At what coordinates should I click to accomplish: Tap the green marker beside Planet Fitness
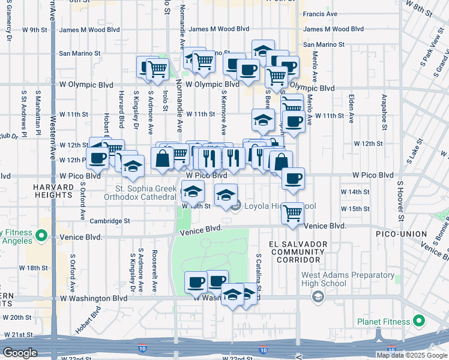(419, 321)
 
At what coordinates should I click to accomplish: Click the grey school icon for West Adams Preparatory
(317, 297)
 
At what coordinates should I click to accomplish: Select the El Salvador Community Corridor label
(299, 252)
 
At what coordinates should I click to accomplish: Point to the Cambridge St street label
(110, 221)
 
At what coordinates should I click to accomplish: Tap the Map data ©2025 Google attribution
(412, 355)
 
